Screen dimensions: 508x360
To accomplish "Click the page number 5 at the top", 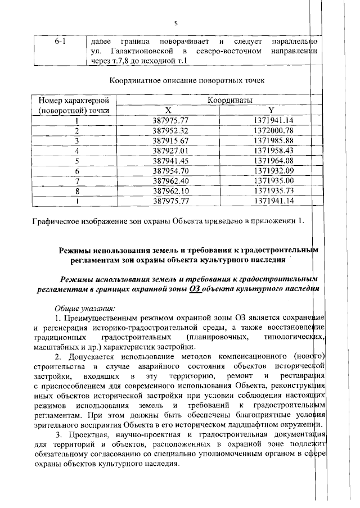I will click(x=176, y=23).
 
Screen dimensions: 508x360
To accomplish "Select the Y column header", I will click(x=271, y=110).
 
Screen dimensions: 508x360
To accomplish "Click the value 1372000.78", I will click(x=273, y=130).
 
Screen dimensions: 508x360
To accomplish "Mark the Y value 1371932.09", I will click(x=273, y=170).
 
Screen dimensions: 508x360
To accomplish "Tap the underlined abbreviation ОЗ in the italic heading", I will click(x=195, y=289).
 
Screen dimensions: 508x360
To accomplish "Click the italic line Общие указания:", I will click(x=84, y=308).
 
